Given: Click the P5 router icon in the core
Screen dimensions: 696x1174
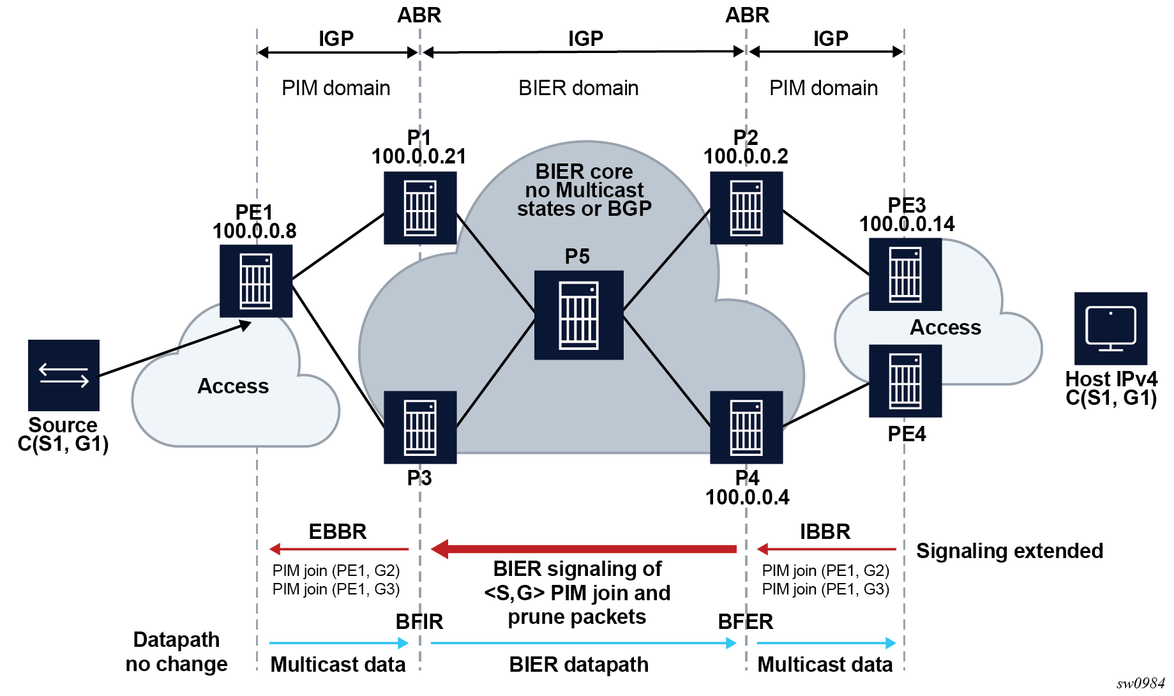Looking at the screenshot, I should pos(578,315).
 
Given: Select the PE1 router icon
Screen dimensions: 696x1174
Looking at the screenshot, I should pos(256,281).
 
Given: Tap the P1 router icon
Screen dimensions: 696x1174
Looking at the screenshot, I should pos(420,208).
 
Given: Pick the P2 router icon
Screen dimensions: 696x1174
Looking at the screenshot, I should pos(746,208).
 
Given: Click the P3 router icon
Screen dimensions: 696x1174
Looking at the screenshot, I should pos(420,427).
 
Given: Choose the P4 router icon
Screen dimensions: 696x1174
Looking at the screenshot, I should pos(746,427).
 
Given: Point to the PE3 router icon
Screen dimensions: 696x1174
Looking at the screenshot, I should pos(905,275).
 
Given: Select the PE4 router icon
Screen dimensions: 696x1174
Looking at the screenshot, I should pos(905,381).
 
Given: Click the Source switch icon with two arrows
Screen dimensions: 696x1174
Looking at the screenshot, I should pos(64,375).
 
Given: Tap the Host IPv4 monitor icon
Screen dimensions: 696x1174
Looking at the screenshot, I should pos(1111,328).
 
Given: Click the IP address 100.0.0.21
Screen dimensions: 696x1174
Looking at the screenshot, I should pos(419,156).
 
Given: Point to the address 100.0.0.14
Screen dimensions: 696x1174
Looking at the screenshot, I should pos(907,224).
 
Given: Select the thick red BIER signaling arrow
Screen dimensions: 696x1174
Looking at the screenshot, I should pos(583,548).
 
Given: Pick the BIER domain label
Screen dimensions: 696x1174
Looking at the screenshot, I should pos(578,88).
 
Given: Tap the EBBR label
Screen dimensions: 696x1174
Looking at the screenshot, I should pos(337,532).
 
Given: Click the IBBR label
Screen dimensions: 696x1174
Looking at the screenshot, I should pos(825,532).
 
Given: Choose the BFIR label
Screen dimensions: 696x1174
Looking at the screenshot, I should pos(419,621).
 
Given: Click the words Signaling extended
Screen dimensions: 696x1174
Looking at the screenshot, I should pos(1009,551).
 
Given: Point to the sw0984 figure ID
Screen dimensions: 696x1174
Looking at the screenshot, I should pos(1140,683).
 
